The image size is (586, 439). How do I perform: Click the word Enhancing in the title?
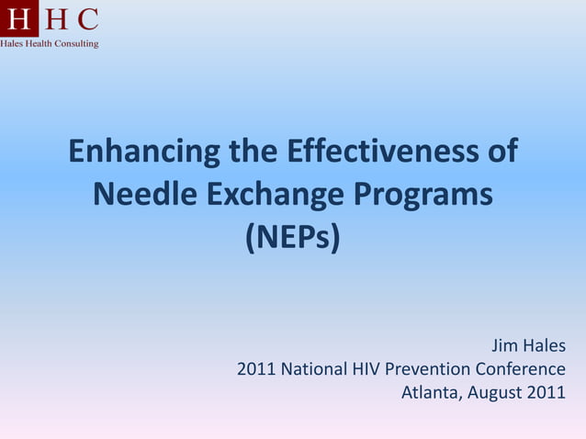(145, 152)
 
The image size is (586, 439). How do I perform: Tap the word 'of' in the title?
(501, 152)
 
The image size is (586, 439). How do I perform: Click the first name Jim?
(504, 346)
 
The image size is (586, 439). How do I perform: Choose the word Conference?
(520, 370)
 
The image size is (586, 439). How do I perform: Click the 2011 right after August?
(547, 394)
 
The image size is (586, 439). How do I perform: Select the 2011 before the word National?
(256, 370)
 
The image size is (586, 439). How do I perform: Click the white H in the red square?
(18, 19)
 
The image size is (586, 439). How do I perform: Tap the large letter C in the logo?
(87, 19)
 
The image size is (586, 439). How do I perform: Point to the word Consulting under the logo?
(78, 43)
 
